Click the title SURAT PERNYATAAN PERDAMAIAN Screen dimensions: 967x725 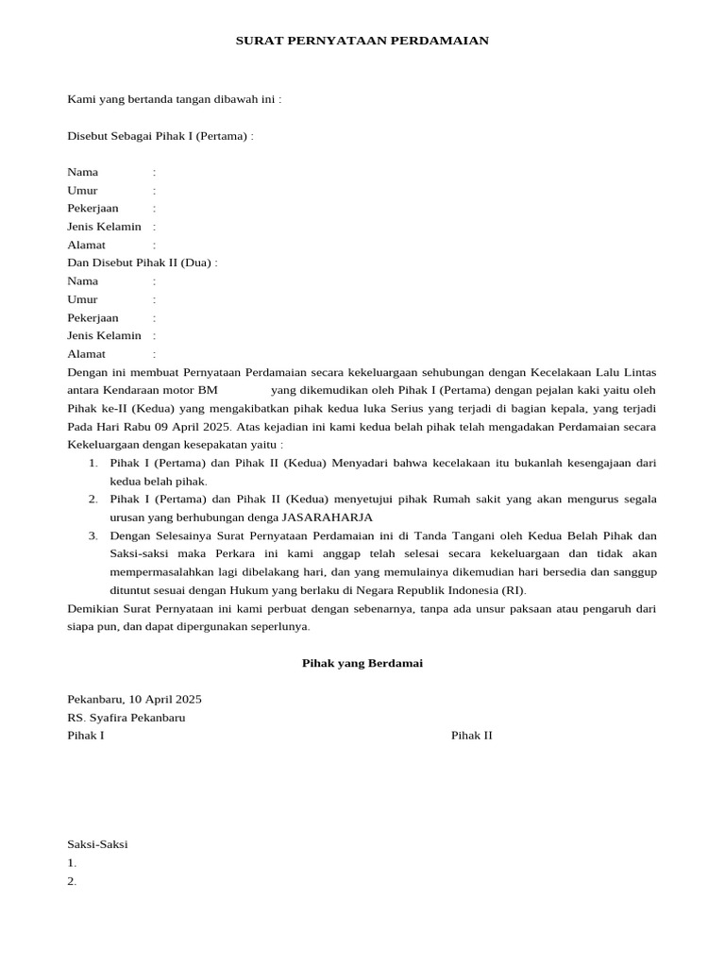pyautogui.click(x=362, y=42)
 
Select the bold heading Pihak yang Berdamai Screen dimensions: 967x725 pyautogui.click(x=362, y=663)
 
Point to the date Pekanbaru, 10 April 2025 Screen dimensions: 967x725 pyautogui.click(x=134, y=699)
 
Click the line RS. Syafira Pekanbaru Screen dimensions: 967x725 pyautogui.click(x=126, y=717)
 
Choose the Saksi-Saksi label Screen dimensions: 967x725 pyautogui.click(x=97, y=844)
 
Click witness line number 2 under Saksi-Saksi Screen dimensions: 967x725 pyautogui.click(x=72, y=881)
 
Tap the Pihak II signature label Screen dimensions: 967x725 pyautogui.click(x=471, y=736)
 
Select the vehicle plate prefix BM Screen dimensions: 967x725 pyautogui.click(x=208, y=390)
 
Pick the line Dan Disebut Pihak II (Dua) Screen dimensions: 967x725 pyautogui.click(x=142, y=263)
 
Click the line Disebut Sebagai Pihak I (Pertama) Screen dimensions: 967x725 pyautogui.click(x=160, y=136)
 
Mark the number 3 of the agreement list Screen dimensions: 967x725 pyautogui.click(x=93, y=535)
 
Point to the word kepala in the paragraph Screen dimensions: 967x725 pyautogui.click(x=551, y=408)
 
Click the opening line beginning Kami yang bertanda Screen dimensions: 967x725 pyautogui.click(x=174, y=99)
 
